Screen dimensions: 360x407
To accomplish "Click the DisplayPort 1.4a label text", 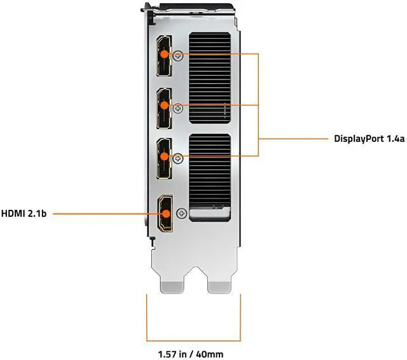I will (369, 138).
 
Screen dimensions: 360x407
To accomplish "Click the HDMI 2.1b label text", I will (24, 214).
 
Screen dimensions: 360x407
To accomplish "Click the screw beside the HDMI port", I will (183, 214).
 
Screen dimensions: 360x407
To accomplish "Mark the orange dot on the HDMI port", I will (165, 214).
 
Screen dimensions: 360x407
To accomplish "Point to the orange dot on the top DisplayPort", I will (165, 54).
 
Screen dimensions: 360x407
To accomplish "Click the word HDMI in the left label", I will (14, 214).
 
